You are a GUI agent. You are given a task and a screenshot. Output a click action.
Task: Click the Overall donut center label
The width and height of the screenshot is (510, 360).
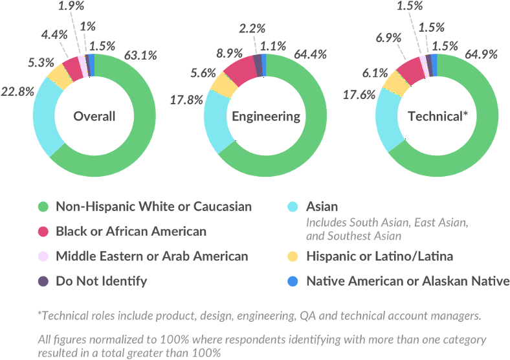click(94, 117)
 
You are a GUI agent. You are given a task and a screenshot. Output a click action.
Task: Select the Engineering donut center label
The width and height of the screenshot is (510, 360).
click(266, 117)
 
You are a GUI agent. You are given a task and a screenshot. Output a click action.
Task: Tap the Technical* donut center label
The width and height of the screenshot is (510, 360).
click(437, 117)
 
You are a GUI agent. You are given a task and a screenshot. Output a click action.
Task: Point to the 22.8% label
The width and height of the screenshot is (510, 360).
click(19, 91)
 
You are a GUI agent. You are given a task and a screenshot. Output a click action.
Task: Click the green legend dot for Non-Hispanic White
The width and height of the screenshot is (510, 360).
click(43, 207)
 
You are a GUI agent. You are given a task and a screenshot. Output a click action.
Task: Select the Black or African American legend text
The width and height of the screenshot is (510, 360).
click(131, 231)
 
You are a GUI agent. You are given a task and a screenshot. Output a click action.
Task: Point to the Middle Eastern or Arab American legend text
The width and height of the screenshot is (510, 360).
click(152, 256)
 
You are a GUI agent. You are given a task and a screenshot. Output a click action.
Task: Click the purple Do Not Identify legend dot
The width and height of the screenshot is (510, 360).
click(43, 281)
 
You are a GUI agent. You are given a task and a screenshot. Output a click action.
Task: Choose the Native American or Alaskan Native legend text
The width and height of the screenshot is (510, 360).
click(408, 281)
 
